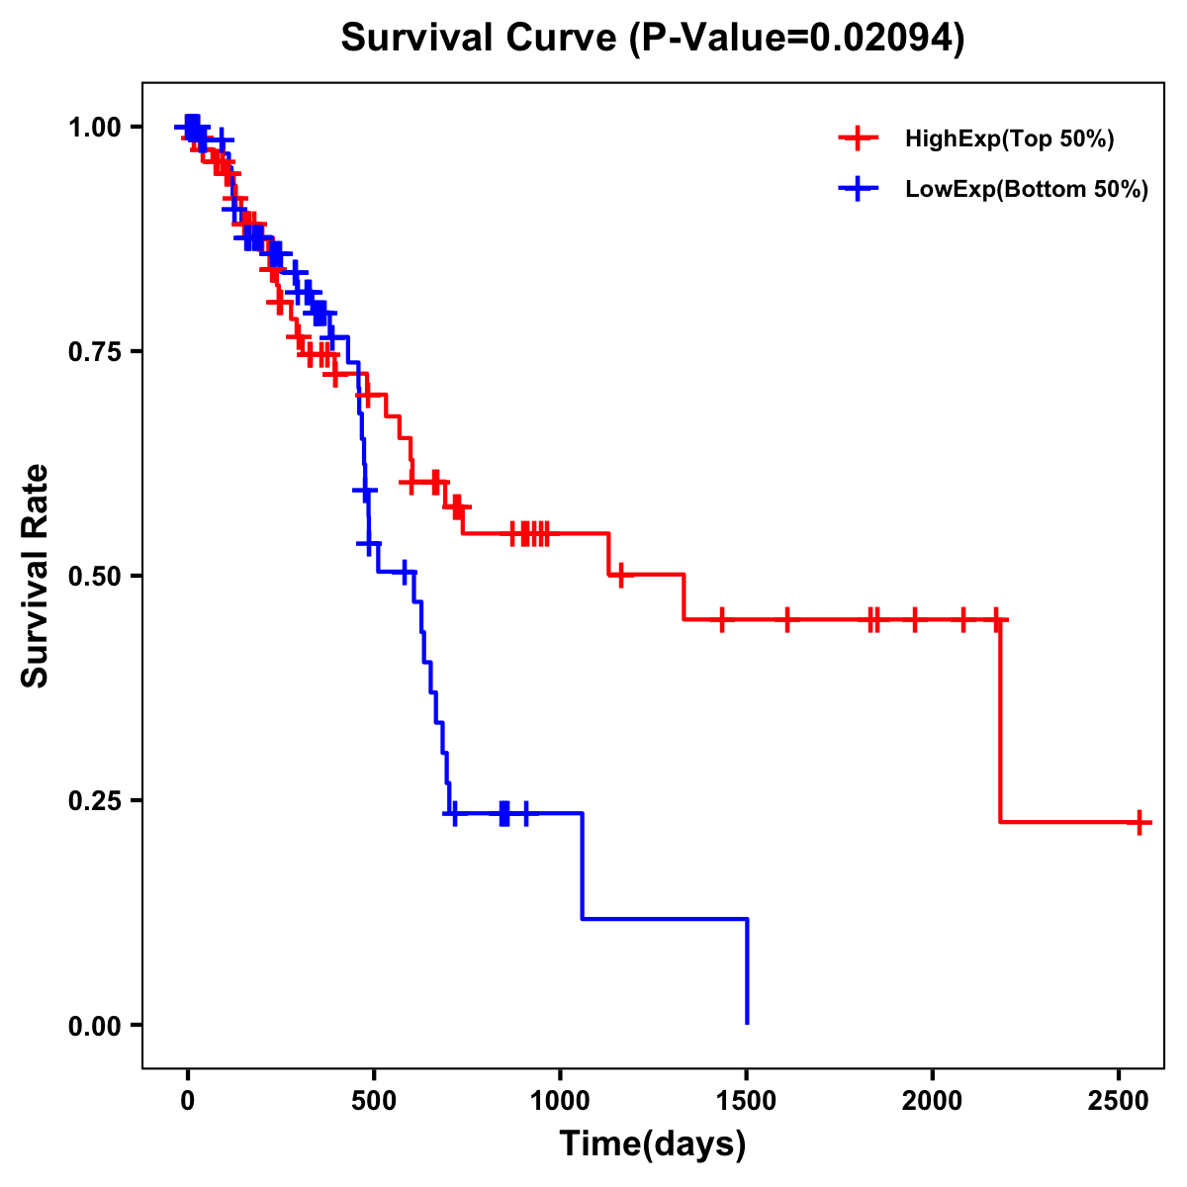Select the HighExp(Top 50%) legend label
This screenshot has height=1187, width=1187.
pos(1009,139)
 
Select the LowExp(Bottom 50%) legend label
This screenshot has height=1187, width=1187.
pos(1027,190)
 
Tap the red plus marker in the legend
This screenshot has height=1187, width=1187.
pos(858,138)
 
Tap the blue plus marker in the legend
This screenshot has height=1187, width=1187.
pos(858,189)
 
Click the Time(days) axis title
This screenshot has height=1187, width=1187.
pos(653,1144)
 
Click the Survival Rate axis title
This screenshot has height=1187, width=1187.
pos(36,576)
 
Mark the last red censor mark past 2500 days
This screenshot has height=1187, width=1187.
pos(1140,822)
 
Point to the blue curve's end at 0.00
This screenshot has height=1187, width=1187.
pos(747,1023)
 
